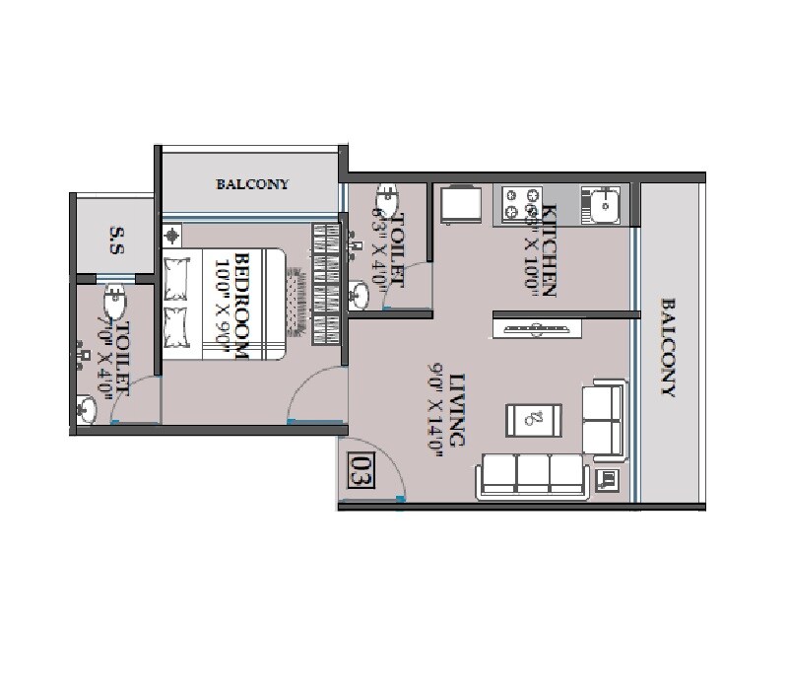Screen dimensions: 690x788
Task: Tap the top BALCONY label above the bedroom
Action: click(252, 184)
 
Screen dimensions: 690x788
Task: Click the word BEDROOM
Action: click(245, 295)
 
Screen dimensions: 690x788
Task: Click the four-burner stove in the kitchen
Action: click(521, 205)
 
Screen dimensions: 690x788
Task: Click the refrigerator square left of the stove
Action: click(460, 205)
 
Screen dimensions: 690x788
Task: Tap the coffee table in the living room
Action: click(534, 418)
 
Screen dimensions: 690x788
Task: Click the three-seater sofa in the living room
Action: click(532, 475)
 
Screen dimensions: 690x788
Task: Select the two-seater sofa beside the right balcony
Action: click(604, 422)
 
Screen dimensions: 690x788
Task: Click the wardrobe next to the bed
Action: click(325, 284)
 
